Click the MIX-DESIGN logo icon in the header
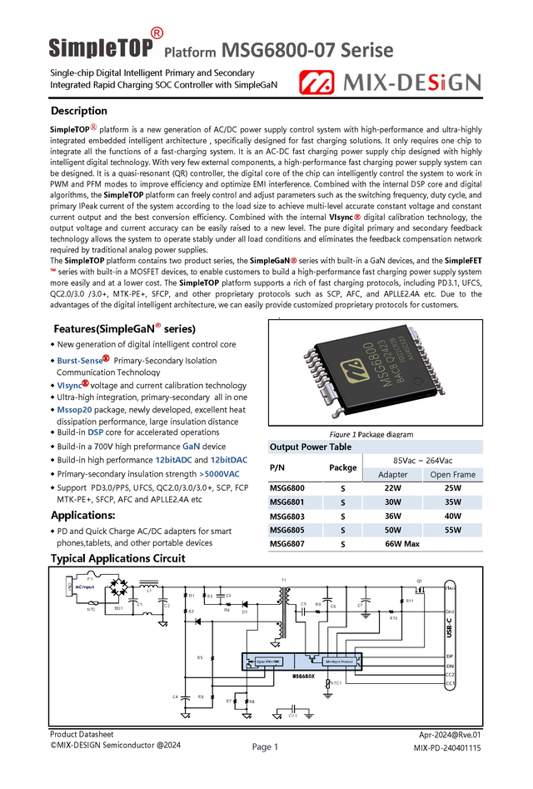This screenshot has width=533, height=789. pyautogui.click(x=316, y=82)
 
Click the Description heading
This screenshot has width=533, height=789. pyautogui.click(x=79, y=111)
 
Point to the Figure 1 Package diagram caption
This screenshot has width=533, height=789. pyautogui.click(x=371, y=434)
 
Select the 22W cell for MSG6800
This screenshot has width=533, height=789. pyautogui.click(x=392, y=487)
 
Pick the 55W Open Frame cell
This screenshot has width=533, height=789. pyautogui.click(x=452, y=529)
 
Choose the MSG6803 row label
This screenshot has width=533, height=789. pyautogui.click(x=287, y=516)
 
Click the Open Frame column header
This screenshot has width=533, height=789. pyautogui.click(x=452, y=474)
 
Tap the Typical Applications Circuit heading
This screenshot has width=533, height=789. pyautogui.click(x=117, y=558)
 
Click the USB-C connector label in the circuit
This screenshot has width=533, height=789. pyautogui.click(x=450, y=627)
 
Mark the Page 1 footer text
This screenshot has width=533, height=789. pyautogui.click(x=265, y=747)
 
